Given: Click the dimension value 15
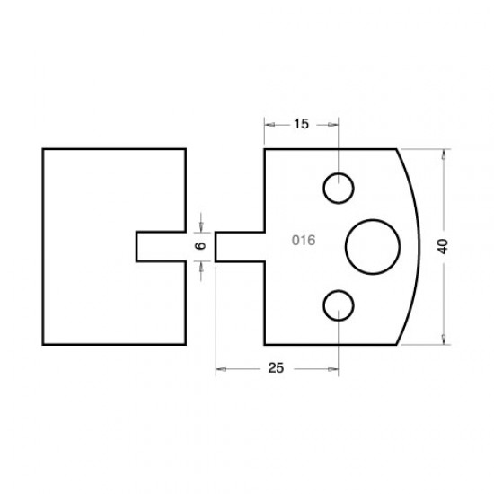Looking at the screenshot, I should click(x=301, y=125).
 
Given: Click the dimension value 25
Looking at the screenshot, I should click(x=277, y=369).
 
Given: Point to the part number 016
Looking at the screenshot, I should click(x=304, y=241).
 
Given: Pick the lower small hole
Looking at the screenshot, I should click(x=339, y=305).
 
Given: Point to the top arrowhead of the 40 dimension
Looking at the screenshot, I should click(x=444, y=154).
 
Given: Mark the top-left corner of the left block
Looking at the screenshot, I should click(x=43, y=148).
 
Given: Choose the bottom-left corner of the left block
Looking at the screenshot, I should click(x=43, y=344).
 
